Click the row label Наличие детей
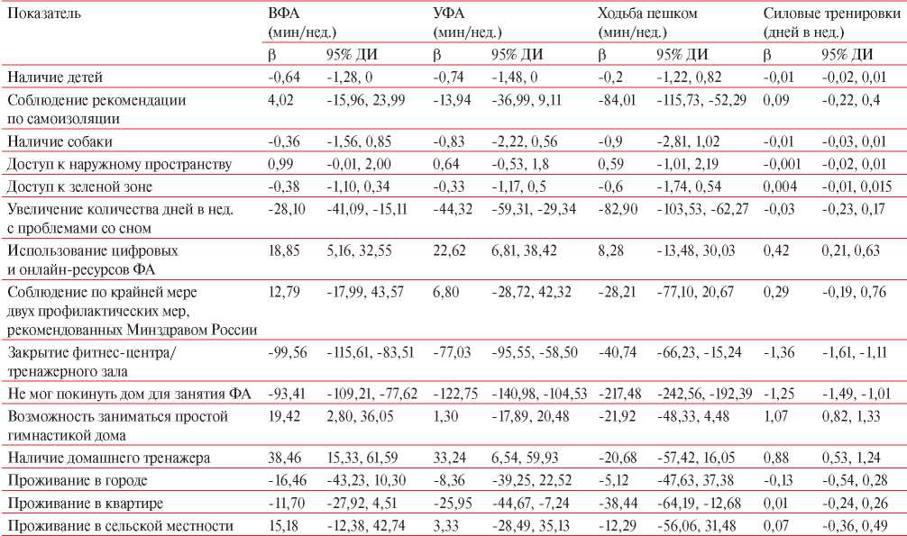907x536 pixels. click(x=55, y=77)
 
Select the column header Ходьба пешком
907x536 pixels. click(x=647, y=13)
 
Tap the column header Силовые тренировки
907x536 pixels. click(x=832, y=13)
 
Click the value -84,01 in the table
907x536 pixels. click(x=617, y=100)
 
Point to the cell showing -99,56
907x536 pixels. click(x=288, y=352)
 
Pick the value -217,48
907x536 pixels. click(x=619, y=394)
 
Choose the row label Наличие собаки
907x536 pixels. click(x=60, y=141)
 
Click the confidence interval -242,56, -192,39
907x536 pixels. click(x=704, y=394)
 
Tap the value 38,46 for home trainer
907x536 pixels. click(x=284, y=458)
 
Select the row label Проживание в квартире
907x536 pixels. click(x=85, y=503)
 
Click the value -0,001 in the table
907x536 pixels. click(x=782, y=164)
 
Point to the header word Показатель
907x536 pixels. click(x=44, y=13)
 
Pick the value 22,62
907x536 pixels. click(x=449, y=250)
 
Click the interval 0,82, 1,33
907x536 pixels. click(x=852, y=416)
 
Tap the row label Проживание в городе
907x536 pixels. click(x=77, y=480)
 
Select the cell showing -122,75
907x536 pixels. click(x=455, y=394)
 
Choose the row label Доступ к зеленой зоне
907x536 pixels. click(x=79, y=186)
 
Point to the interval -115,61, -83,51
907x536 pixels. click(x=371, y=352)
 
